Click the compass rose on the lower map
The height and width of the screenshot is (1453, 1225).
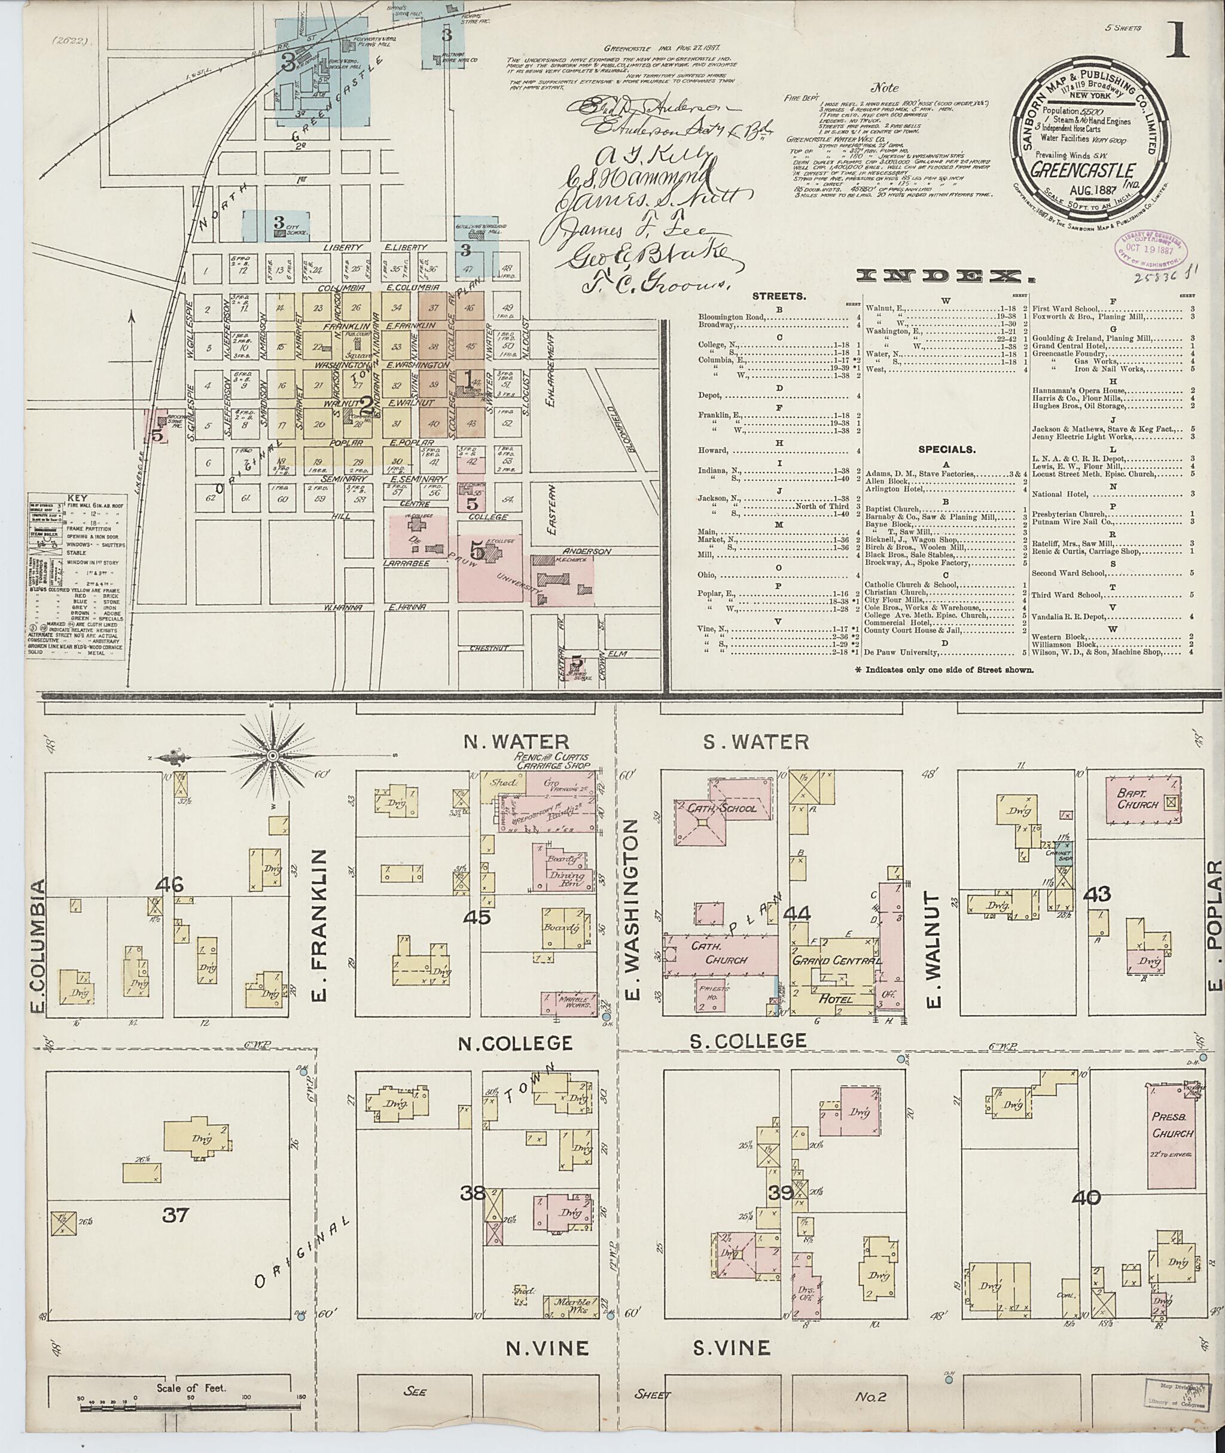273,755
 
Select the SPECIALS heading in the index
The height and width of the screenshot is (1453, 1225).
946,449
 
